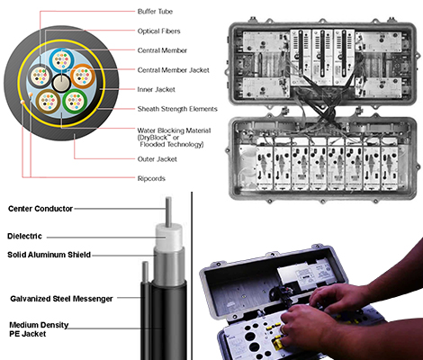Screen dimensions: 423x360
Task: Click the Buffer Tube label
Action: [155, 12]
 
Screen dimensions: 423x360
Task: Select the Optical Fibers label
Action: [158, 31]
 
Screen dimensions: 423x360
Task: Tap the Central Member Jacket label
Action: [173, 70]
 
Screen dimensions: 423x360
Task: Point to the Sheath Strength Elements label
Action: [177, 109]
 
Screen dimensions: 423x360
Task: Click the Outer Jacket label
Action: [157, 159]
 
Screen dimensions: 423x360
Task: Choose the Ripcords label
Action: [151, 178]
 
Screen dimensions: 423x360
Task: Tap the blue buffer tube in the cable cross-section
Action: [61, 60]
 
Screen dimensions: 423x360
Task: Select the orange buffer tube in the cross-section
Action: [83, 76]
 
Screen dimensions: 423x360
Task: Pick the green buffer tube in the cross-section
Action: [75, 101]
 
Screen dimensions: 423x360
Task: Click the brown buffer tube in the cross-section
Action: [48, 101]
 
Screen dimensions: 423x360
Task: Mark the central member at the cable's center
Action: [61, 83]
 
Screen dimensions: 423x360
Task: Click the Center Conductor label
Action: [40, 209]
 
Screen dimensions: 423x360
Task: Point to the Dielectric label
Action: [24, 236]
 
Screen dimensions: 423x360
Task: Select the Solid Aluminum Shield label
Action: [49, 255]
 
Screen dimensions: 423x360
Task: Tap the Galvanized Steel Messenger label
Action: [61, 299]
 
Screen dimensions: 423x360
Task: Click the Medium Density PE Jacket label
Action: [39, 329]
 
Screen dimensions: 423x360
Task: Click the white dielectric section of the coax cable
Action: [168, 237]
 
